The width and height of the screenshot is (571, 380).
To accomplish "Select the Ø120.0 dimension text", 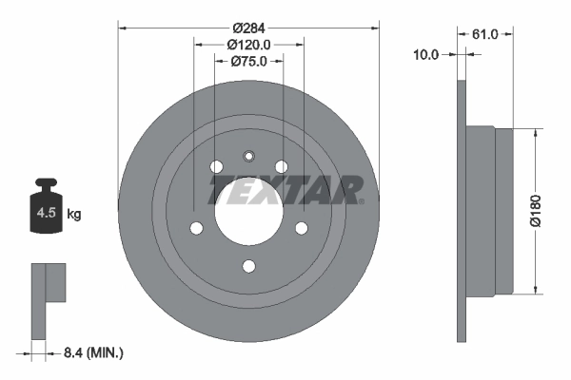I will click(x=248, y=44).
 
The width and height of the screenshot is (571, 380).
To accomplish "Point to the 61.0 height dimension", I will click(x=485, y=34).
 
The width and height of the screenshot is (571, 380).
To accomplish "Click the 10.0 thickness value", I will click(x=425, y=55).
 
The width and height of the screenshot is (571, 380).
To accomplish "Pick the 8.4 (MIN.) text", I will click(x=91, y=352).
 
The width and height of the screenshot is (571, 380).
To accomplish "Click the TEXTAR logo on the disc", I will click(x=285, y=190).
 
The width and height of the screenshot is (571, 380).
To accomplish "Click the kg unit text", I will click(x=74, y=215).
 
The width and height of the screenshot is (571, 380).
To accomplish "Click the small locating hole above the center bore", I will click(x=248, y=157).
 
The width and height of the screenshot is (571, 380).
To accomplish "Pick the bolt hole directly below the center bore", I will click(x=248, y=266).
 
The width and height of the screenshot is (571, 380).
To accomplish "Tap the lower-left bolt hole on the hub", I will click(x=196, y=228).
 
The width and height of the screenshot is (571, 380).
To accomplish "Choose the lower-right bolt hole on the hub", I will click(x=301, y=228).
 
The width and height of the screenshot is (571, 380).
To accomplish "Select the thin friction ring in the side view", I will click(x=463, y=210).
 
